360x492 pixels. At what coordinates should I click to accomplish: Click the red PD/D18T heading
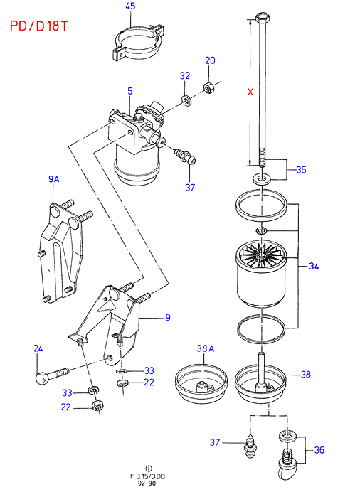coord(39,26)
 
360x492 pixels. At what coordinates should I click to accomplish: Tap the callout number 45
coord(130,6)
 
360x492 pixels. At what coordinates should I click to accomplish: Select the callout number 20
coord(210,60)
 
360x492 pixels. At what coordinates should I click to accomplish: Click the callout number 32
coord(185,75)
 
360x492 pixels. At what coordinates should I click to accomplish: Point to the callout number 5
coord(130,91)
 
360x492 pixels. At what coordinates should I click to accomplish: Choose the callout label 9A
coord(54,179)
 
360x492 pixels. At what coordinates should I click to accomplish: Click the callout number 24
coord(38,348)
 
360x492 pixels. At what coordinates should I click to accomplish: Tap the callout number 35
coord(301,170)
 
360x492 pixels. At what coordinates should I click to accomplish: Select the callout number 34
coord(314,267)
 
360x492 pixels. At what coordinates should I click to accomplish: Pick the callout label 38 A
coord(206,348)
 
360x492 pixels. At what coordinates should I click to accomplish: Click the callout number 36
coord(319,450)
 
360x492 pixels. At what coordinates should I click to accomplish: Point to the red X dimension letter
coord(250,92)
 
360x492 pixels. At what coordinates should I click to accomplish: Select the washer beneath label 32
coord(187,101)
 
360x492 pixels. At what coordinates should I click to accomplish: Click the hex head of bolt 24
coord(42,378)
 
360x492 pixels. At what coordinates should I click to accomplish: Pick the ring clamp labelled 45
coord(138,41)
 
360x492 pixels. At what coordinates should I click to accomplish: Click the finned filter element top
coord(261,257)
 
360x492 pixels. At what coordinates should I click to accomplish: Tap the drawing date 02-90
coord(147,483)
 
